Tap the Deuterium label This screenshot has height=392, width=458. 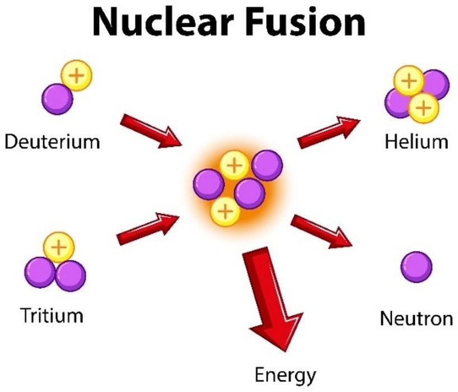(52, 141)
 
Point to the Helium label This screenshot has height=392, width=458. (417, 141)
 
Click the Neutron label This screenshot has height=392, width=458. (416, 319)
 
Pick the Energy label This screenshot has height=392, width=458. (285, 374)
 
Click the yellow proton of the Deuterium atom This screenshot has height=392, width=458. (77, 76)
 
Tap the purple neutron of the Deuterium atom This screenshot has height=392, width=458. (57, 99)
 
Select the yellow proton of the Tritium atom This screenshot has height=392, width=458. (58, 246)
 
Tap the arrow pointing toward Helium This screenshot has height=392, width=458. (328, 132)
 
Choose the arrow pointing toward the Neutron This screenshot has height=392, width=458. (321, 230)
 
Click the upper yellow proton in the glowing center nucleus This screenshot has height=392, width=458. (234, 165)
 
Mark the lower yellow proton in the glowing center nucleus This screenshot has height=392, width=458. (225, 211)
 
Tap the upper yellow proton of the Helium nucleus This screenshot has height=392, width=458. (410, 82)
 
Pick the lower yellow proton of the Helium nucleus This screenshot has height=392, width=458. (424, 106)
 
